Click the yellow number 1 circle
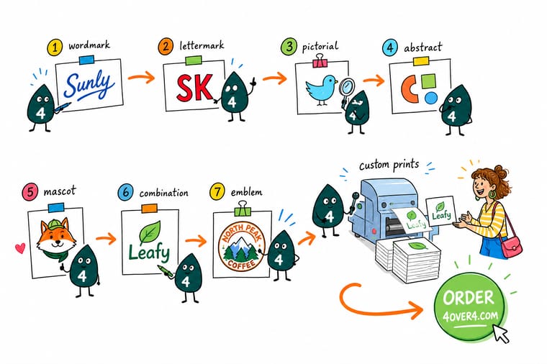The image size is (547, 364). pos(55,47)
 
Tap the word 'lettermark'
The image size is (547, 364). pos(202,45)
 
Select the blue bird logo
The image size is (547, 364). pos(321,89)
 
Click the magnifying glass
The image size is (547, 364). pos(346,89)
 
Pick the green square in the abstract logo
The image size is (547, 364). pos(429,81)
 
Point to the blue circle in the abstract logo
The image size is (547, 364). pos(431,98)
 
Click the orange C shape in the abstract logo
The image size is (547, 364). pos(410,90)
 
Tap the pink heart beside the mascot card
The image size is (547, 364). pos(20,248)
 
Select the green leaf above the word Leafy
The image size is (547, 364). pos(150,232)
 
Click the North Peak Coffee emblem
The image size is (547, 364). pos(242,247)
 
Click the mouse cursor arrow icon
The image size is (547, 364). pos(501,332)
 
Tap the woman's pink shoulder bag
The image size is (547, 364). pos(512,246)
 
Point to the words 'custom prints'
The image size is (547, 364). pos(389,164)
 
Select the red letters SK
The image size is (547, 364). pos(194,88)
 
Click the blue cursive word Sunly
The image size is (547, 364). pos(89,85)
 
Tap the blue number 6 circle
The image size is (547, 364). pos(125,193)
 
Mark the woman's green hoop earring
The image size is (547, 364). pos(492,194)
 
